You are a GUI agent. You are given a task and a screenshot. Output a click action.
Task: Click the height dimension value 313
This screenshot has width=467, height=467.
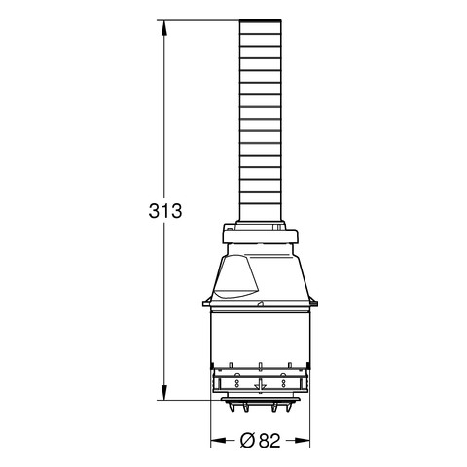[165, 211]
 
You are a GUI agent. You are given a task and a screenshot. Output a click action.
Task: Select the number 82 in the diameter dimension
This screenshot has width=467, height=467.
[269, 440]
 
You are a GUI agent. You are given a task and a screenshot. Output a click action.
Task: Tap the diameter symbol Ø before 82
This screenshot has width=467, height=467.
[248, 440]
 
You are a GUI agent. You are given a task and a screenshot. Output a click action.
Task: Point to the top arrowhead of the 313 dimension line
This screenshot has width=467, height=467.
[164, 28]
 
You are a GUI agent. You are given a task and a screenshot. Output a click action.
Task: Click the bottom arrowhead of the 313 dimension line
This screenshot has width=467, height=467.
[164, 392]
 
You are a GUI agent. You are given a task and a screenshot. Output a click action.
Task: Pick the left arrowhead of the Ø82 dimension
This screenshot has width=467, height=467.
[218, 440]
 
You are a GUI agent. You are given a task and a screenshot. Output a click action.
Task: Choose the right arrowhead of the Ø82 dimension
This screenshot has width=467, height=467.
[303, 440]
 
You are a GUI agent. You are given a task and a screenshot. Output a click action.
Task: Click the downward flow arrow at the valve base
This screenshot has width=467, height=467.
[260, 385]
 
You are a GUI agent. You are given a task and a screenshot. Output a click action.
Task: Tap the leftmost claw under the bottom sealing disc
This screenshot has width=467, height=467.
[231, 408]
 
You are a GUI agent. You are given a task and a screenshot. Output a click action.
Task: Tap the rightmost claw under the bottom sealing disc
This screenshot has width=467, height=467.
[288, 408]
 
